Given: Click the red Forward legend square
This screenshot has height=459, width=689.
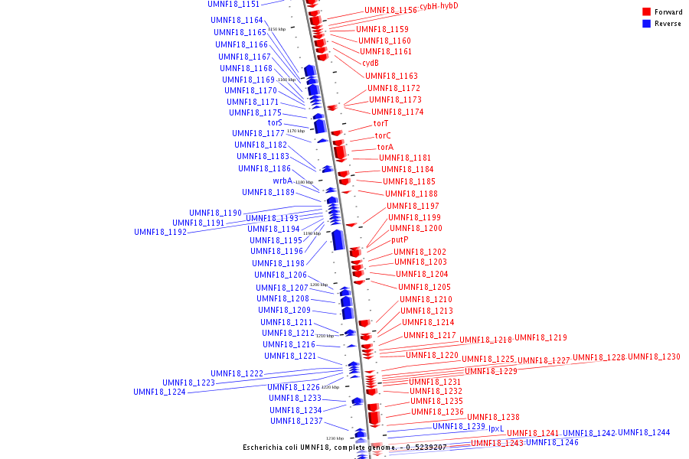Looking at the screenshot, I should click(647, 12).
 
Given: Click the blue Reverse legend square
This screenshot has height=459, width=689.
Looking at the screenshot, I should click(647, 24).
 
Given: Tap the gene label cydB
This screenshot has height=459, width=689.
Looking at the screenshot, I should click(371, 63).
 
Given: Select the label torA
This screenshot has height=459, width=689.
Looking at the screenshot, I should click(385, 148).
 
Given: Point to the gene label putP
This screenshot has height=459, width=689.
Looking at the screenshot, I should click(400, 240).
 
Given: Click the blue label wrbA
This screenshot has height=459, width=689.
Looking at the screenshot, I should click(282, 181).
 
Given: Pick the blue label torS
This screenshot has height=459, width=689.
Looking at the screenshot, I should click(275, 122).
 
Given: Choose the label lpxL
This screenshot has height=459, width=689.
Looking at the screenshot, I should click(496, 429).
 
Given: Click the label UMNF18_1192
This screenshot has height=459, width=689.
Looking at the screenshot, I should click(160, 232).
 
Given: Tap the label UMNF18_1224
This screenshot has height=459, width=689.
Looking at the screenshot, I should click(159, 392).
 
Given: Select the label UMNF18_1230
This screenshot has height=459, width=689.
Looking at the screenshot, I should click(654, 357).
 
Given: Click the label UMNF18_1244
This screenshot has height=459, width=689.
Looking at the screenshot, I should click(644, 433).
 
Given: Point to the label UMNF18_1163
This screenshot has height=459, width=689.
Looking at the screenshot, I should click(391, 76).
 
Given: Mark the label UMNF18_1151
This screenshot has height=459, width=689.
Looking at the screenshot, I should click(233, 5).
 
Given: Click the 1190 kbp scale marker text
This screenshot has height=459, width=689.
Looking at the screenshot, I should click(312, 233).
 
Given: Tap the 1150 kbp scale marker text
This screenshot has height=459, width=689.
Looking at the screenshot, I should click(276, 29).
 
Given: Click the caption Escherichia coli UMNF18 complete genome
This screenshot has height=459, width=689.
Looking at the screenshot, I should click(344, 447).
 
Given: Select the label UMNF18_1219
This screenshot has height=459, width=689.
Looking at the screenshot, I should click(540, 337).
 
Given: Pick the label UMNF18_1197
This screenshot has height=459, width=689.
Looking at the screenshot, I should click(413, 207).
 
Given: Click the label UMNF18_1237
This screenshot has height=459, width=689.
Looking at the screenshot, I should click(296, 422).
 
